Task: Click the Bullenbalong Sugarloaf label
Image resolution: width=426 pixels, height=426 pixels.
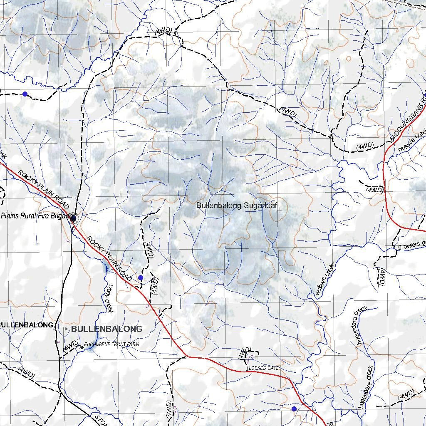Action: tap(236, 205)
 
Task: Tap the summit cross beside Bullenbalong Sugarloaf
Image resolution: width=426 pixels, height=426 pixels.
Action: tap(280, 210)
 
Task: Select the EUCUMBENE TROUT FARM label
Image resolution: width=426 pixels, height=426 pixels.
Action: tap(111, 344)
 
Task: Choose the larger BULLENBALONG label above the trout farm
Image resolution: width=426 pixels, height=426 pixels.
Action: tap(106, 329)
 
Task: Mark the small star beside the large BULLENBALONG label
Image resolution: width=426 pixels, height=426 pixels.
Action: tap(66, 329)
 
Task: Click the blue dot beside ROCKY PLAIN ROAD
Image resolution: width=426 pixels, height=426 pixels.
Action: tap(141, 277)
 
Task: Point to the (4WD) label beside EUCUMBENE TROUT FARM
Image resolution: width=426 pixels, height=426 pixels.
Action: tap(70, 348)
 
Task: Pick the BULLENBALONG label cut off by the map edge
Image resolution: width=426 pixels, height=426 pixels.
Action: tap(27, 325)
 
